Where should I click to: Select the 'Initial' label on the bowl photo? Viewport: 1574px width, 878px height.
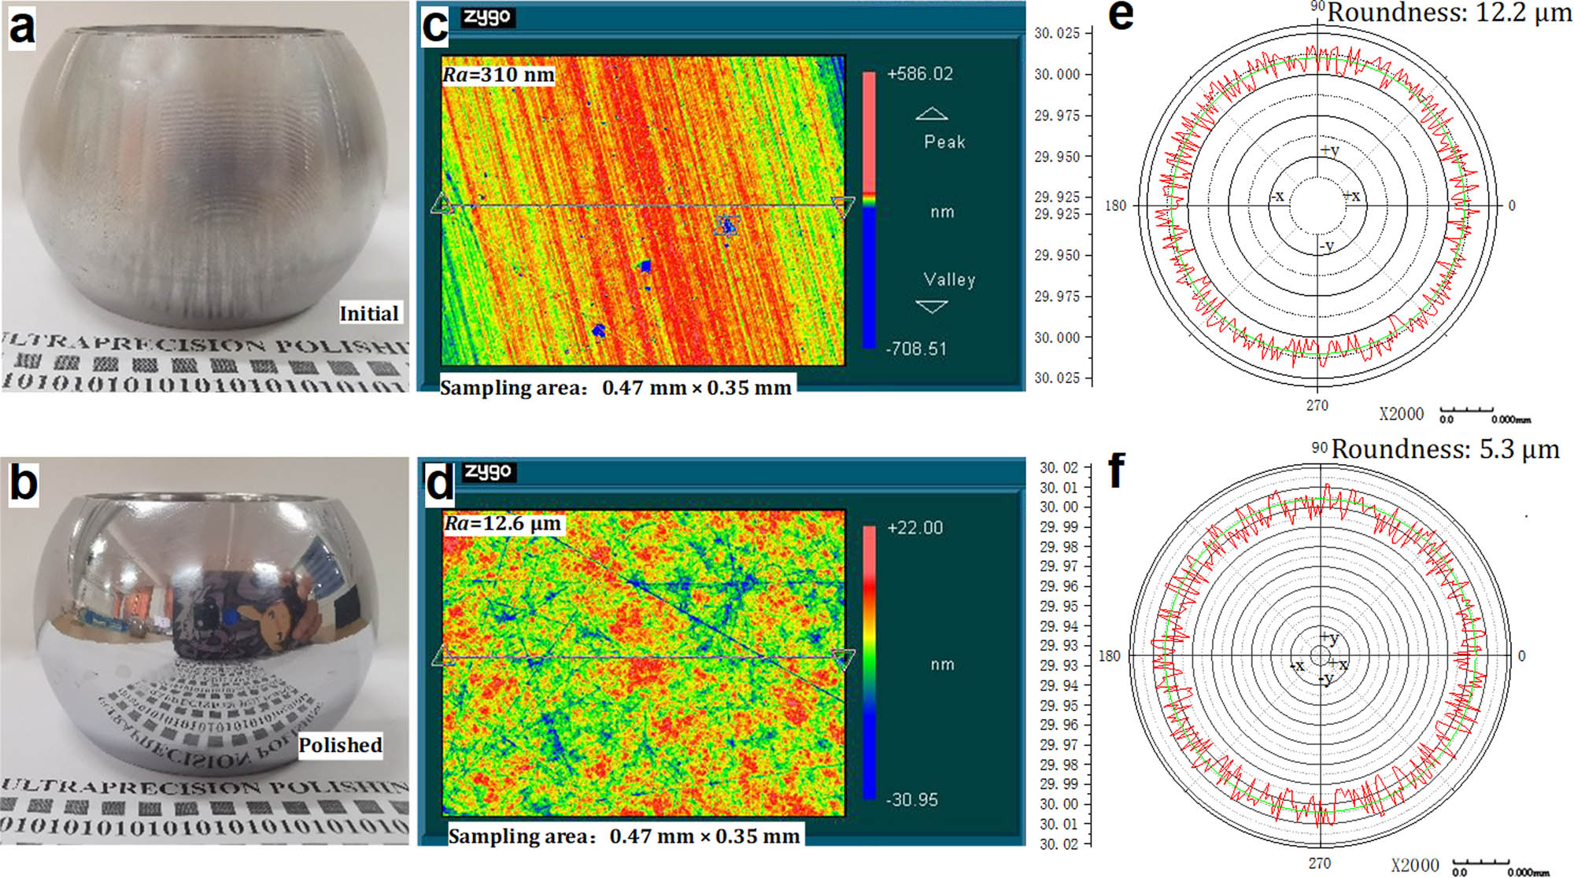(368, 313)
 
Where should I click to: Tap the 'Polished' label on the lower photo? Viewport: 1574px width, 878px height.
(340, 744)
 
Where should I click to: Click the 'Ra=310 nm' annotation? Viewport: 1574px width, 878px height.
(498, 75)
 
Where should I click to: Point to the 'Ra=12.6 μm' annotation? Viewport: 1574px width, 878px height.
(503, 523)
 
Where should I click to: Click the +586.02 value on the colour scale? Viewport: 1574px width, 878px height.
(919, 74)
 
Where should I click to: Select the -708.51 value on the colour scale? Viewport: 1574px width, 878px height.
(916, 349)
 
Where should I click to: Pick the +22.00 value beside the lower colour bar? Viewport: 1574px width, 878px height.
(914, 528)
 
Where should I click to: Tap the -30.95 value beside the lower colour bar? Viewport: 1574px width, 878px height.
(911, 800)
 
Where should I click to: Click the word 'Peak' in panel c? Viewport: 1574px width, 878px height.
(944, 142)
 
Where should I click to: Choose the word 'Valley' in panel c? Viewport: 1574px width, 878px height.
(949, 280)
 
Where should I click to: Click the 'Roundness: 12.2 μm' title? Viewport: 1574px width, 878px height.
(1449, 13)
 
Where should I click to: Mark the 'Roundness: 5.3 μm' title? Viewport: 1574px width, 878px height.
(1445, 449)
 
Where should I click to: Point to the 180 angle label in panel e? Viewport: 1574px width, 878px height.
(1115, 206)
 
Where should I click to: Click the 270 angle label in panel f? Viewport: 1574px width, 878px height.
(1319, 863)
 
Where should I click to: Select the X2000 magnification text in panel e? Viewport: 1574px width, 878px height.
(1401, 414)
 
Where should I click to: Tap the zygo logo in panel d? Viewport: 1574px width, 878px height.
(488, 471)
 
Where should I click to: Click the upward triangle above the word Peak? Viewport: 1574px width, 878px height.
(932, 114)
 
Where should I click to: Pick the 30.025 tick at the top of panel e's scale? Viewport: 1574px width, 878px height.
(1057, 33)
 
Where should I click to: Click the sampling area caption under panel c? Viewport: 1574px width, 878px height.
(615, 388)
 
